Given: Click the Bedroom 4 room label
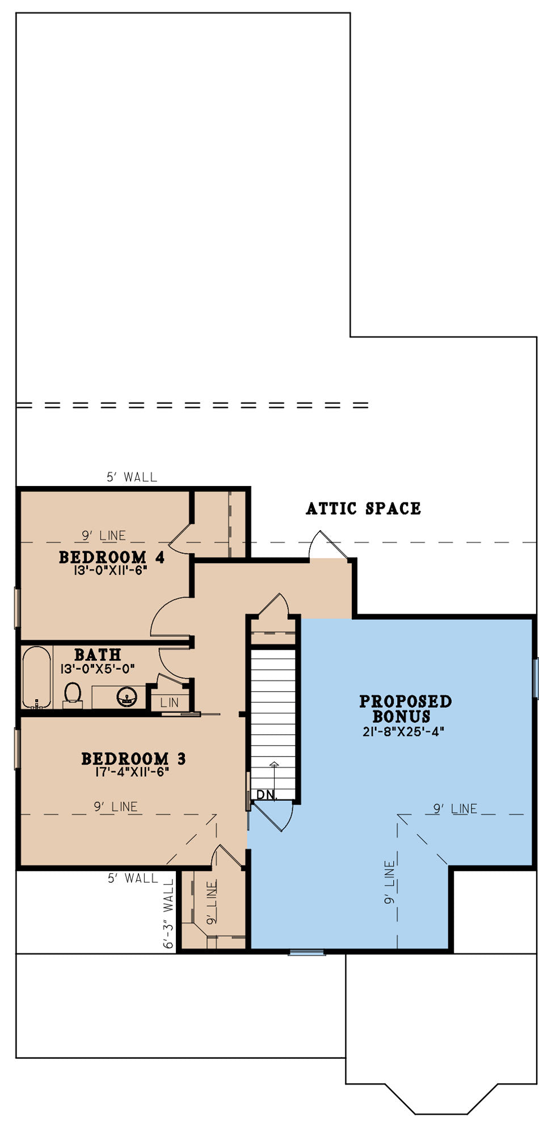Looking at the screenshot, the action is pyautogui.click(x=112, y=557).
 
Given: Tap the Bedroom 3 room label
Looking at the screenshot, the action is pyautogui.click(x=133, y=758).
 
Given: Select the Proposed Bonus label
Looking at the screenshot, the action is pyautogui.click(x=405, y=709).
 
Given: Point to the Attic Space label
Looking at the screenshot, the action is pyautogui.click(x=364, y=508).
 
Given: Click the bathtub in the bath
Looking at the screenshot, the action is pyautogui.click(x=37, y=677).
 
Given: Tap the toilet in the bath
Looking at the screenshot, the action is pyautogui.click(x=73, y=695).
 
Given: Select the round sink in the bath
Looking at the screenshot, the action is pyautogui.click(x=127, y=697).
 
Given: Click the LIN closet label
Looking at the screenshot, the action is pyautogui.click(x=169, y=702).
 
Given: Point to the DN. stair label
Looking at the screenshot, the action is pyautogui.click(x=267, y=794).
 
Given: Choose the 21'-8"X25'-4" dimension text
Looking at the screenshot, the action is pyautogui.click(x=403, y=731).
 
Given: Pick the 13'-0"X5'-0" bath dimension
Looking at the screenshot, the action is pyautogui.click(x=98, y=669).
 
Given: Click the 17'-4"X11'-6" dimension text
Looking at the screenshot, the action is pyautogui.click(x=133, y=771).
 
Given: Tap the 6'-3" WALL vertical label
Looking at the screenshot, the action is pyautogui.click(x=169, y=914).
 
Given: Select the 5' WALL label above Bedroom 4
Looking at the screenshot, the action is pyautogui.click(x=132, y=477).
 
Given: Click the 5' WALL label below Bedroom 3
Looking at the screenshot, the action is pyautogui.click(x=133, y=878).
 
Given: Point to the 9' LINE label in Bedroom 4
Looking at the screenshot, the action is pyautogui.click(x=104, y=535).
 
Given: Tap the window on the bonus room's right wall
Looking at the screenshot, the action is pyautogui.click(x=535, y=678).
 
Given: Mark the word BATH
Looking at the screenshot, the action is pyautogui.click(x=98, y=655).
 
